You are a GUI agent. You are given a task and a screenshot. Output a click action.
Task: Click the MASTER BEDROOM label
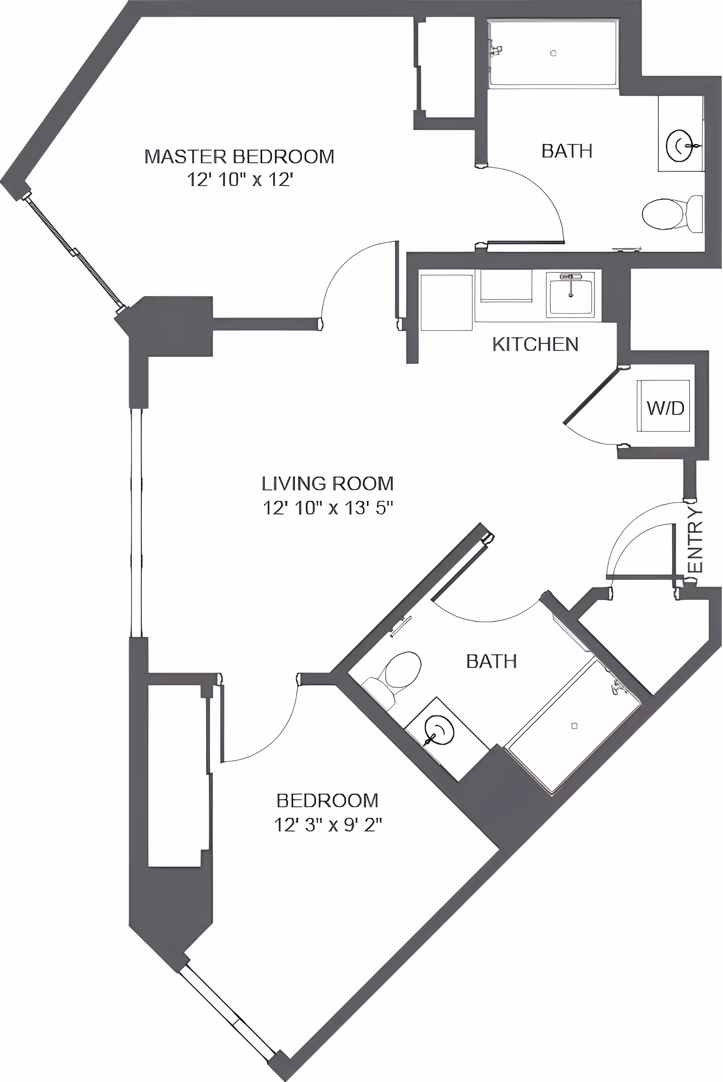(x=239, y=157)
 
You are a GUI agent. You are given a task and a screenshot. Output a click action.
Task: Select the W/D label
(x=665, y=408)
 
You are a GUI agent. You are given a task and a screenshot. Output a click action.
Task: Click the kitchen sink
(x=570, y=295)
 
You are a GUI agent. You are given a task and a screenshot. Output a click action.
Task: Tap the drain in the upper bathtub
(x=553, y=54)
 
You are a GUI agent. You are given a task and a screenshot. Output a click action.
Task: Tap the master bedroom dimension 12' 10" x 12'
(x=240, y=180)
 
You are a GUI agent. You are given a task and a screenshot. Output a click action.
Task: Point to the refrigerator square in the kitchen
(x=446, y=303)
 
